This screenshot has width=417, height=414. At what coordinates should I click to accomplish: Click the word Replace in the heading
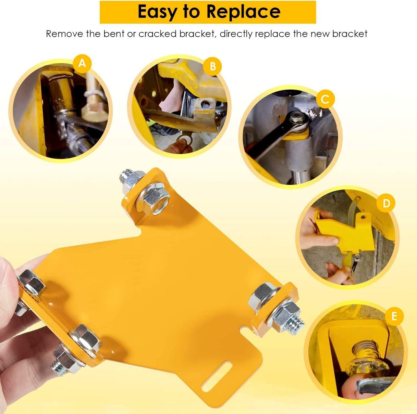(244, 12)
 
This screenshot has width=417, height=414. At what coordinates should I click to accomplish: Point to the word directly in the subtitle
(236, 34)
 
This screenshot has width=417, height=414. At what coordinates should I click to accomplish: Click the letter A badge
(82, 64)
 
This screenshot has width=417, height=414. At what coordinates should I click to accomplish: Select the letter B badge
(213, 66)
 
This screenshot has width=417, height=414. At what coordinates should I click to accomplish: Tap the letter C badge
(325, 99)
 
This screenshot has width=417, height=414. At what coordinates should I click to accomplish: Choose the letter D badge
(386, 203)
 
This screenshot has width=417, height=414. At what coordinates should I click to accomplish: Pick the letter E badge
(394, 316)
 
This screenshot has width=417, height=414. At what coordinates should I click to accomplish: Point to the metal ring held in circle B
(184, 139)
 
